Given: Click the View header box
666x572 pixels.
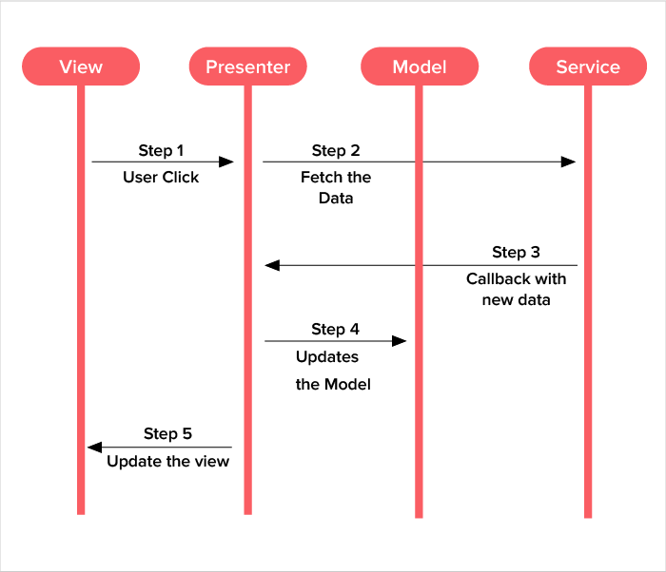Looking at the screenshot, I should point(81,67).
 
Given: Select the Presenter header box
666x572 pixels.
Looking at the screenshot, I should point(247,67).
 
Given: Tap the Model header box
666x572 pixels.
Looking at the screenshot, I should point(419,67).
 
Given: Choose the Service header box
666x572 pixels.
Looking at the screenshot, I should point(587,67).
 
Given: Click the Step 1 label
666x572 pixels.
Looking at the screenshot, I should point(161,150).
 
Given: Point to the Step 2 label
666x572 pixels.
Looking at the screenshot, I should point(335,150).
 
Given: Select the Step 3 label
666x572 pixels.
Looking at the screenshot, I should point(516,252).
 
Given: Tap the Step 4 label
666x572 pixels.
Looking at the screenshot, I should point(335,329).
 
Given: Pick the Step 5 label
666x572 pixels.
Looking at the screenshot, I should point(167,433).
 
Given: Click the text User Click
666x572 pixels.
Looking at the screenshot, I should point(161,177).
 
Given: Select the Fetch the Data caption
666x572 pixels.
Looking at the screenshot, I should point(335,187).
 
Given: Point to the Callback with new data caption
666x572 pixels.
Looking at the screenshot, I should point(516,289).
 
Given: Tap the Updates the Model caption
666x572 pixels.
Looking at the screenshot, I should point(332,371).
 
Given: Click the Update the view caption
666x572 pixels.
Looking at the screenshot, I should point(167,461).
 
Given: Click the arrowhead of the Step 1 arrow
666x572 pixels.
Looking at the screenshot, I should point(226,162).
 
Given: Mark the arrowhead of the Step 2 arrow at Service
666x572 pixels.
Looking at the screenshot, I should point(568,162).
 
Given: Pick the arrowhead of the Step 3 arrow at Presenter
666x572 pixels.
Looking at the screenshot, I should point(271,265).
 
